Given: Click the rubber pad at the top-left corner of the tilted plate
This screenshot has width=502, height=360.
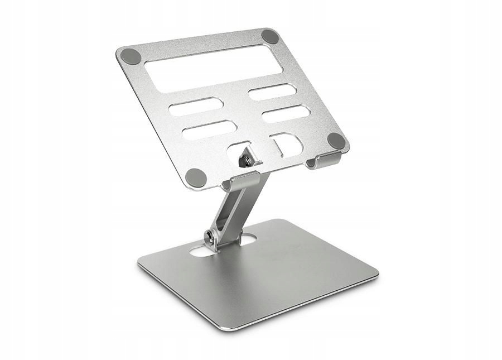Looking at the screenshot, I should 131,55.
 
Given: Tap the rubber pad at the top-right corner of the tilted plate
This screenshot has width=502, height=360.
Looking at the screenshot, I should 270,37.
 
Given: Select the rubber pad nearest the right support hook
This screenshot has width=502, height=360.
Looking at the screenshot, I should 336,141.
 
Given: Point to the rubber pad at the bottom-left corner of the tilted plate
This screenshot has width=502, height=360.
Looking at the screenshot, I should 196,177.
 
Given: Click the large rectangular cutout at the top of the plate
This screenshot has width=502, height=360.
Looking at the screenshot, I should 213,69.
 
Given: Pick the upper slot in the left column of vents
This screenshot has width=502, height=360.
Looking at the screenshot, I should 196,106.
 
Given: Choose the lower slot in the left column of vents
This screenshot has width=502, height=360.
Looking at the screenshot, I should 209,129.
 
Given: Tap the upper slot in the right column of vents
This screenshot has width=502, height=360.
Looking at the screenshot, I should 272,92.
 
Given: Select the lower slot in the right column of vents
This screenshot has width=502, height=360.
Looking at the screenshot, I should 285,114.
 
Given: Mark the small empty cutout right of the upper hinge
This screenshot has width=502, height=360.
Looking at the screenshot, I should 288,144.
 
